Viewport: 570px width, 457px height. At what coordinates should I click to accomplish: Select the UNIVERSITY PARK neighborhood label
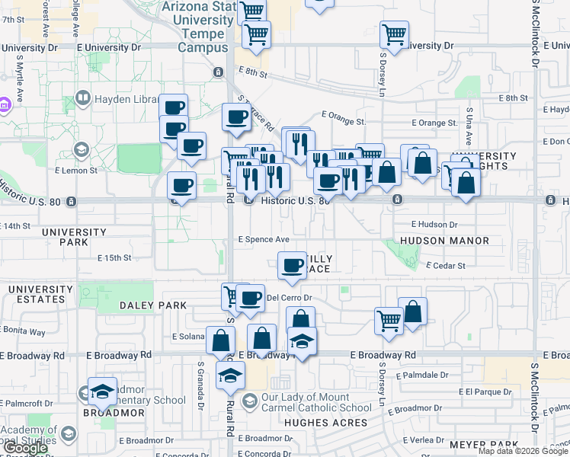point(74,237)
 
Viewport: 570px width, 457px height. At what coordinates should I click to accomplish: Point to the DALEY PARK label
point(153,305)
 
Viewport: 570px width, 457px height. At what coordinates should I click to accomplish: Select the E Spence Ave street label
point(264,239)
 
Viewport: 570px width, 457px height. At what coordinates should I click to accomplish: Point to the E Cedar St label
point(445,266)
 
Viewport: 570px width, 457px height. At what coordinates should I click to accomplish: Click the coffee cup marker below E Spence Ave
point(292,266)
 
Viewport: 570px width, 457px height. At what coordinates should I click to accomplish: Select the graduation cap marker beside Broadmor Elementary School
point(102,391)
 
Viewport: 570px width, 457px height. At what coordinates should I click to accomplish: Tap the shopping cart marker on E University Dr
point(394,34)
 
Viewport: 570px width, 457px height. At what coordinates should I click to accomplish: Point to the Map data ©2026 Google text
point(523,451)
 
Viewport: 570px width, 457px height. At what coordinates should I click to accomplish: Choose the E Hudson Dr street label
point(434,225)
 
